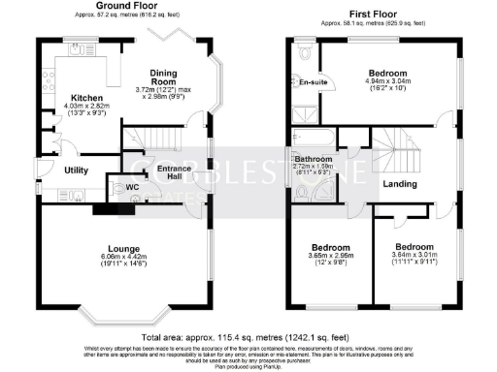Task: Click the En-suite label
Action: point(312,82)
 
